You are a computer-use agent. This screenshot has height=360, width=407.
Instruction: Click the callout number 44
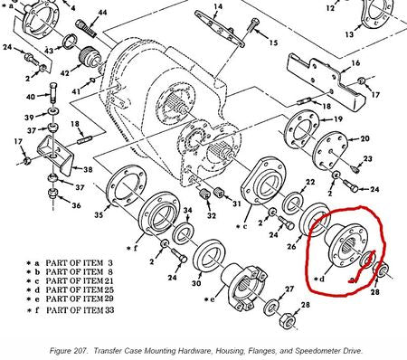click(x=102, y=13)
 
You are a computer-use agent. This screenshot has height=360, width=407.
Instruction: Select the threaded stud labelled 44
click(x=86, y=28)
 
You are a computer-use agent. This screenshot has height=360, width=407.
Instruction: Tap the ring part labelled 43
click(x=70, y=42)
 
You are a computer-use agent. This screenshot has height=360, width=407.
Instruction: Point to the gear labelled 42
click(x=90, y=57)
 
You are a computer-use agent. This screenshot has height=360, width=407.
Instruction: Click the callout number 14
click(x=218, y=6)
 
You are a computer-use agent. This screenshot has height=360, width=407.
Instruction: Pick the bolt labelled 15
click(x=252, y=24)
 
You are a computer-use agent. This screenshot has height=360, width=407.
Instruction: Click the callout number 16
click(x=355, y=63)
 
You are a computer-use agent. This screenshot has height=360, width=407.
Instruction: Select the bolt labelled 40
click(x=53, y=93)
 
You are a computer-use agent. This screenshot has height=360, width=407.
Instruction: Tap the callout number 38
click(x=88, y=169)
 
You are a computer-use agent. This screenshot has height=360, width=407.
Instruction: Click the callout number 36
click(x=76, y=205)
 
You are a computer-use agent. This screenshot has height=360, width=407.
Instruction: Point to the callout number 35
click(x=99, y=214)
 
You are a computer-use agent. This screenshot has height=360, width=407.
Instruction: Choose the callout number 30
click(x=196, y=283)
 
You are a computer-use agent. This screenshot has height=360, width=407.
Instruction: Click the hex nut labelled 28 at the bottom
click(x=287, y=320)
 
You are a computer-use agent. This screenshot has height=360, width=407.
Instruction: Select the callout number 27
click(x=289, y=289)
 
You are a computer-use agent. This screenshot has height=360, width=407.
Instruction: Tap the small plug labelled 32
click(x=205, y=194)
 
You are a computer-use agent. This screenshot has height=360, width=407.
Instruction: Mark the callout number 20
click(x=364, y=138)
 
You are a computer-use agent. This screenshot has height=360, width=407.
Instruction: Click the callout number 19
click(x=338, y=119)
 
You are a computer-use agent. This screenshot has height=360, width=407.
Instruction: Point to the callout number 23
click(x=368, y=158)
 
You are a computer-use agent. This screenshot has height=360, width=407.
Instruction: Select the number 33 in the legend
click(x=109, y=310)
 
